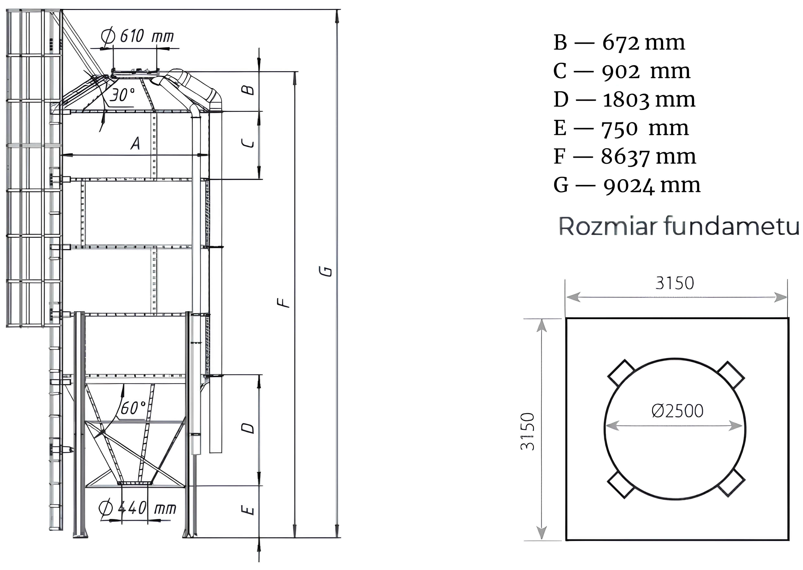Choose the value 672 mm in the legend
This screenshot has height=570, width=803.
tap(644, 43)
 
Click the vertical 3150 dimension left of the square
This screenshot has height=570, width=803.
tap(528, 431)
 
